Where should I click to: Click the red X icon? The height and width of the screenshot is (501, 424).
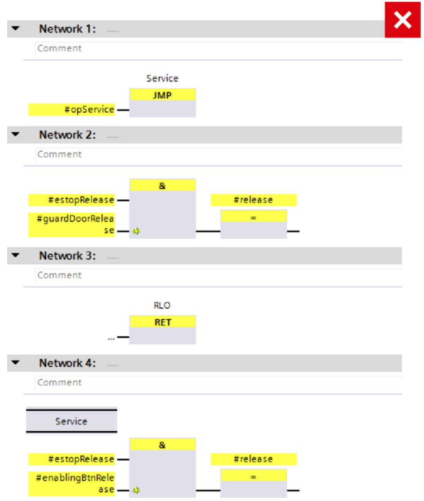pos(402,20)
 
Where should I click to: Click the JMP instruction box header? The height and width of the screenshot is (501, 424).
pos(163,95)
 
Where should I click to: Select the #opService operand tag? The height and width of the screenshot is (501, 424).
pos(71,109)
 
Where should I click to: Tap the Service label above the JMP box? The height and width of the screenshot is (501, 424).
pos(162,78)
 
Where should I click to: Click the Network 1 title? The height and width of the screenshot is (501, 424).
pos(67,29)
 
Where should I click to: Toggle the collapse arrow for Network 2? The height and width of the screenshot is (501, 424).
pos(15,134)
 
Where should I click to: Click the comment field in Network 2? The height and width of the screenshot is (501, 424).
pos(219,155)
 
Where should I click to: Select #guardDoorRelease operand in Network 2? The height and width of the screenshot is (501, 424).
pos(71,225)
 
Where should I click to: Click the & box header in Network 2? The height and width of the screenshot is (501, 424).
pos(163,185)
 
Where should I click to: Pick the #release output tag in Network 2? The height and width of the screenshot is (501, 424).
pos(254,200)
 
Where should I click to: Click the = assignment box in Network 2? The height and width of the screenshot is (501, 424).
pos(254,224)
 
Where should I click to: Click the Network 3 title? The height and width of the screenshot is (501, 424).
pos(67,256)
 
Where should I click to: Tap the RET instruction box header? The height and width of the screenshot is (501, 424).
pos(163,322)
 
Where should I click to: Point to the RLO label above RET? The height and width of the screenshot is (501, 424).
pos(162,305)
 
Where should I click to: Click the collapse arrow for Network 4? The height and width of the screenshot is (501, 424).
pos(15,362)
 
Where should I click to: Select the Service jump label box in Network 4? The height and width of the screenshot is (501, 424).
pos(71,421)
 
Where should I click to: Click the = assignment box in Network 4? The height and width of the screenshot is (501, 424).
pos(254,483)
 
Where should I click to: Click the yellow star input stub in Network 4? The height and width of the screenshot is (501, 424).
pos(136,490)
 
